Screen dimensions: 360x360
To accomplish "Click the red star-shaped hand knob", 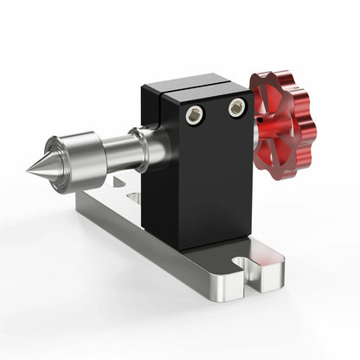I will coord(285,124).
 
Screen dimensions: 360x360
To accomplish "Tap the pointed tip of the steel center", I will coord(29,170).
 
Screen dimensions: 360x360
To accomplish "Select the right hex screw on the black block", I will coord(235,108).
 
